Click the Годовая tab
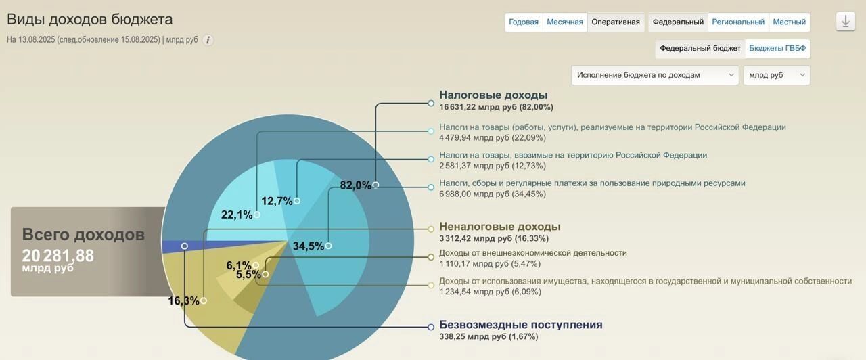tap(524, 22)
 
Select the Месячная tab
tap(565, 22)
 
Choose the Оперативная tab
tap(615, 22)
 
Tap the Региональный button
tap(738, 22)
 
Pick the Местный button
tap(789, 22)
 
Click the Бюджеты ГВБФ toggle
tap(777, 49)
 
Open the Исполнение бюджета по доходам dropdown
tap(654, 75)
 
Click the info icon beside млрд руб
tap(208, 40)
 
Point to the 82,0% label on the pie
tap(355, 185)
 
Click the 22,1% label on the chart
tap(237, 215)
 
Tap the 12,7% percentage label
tap(277, 201)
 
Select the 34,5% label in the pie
tap(308, 246)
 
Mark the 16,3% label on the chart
tap(183, 301)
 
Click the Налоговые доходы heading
tap(493, 95)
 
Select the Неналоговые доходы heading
tap(499, 227)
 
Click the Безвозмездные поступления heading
tap(520, 325)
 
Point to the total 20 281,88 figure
tap(58, 256)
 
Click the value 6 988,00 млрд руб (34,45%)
tap(492, 194)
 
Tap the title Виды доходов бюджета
tap(90, 20)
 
